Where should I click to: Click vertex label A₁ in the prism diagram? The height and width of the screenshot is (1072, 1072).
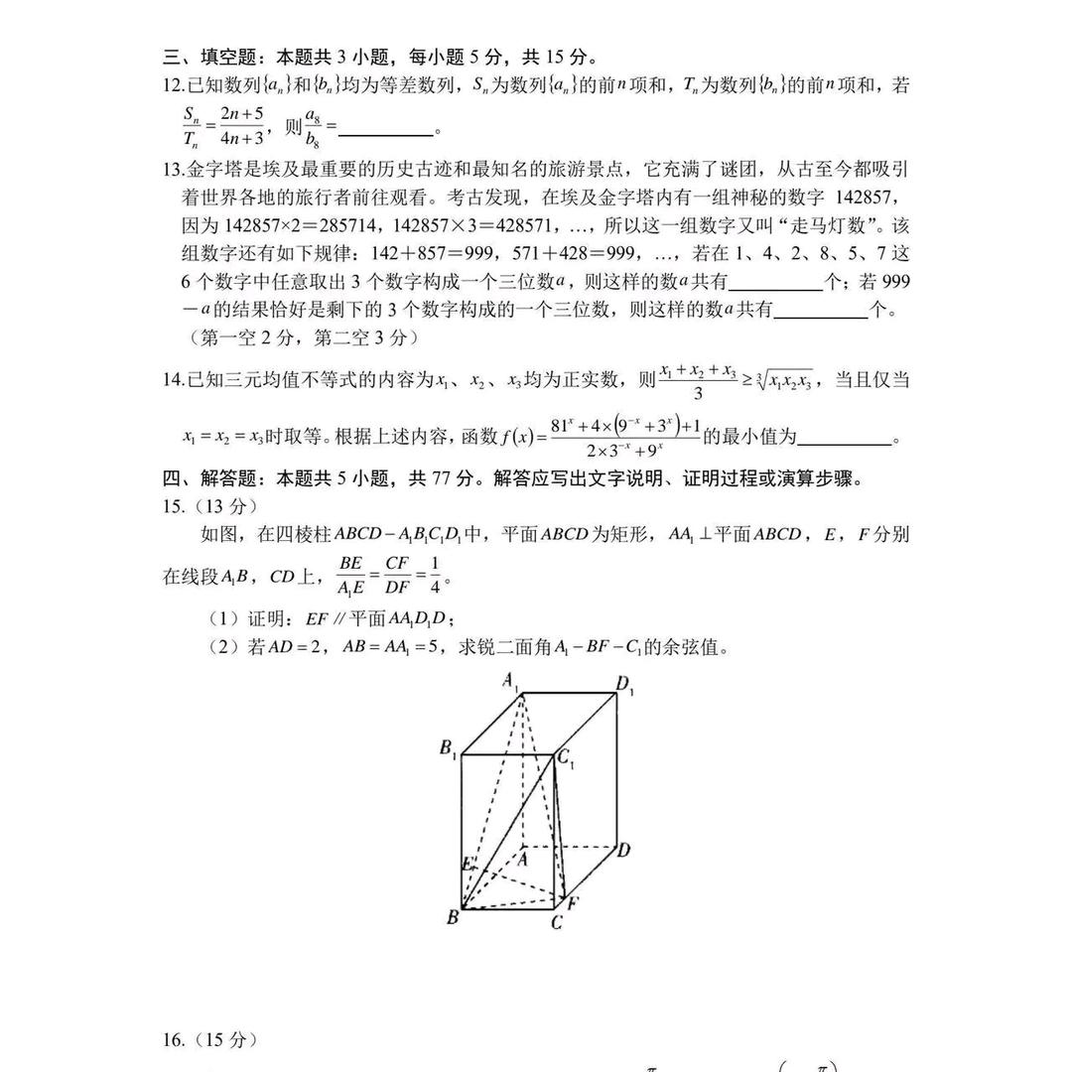pos(512,682)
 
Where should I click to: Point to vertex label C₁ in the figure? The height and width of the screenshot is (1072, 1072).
pos(567,759)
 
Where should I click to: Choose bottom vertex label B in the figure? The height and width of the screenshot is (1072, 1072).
pos(453,917)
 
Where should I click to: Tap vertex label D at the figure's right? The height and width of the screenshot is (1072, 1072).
pos(623,850)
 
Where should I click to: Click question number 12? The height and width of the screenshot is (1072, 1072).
pos(174,86)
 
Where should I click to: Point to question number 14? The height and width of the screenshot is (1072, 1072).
pos(174,380)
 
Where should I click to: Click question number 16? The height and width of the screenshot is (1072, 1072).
pos(174,1040)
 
